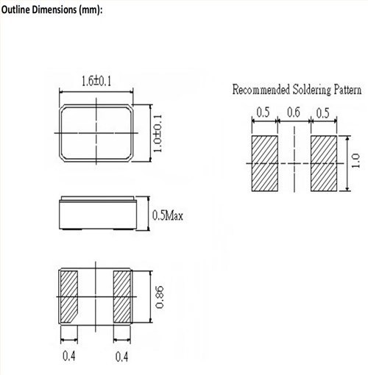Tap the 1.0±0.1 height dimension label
[x=156, y=132]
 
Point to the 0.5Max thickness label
[x=169, y=215]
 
